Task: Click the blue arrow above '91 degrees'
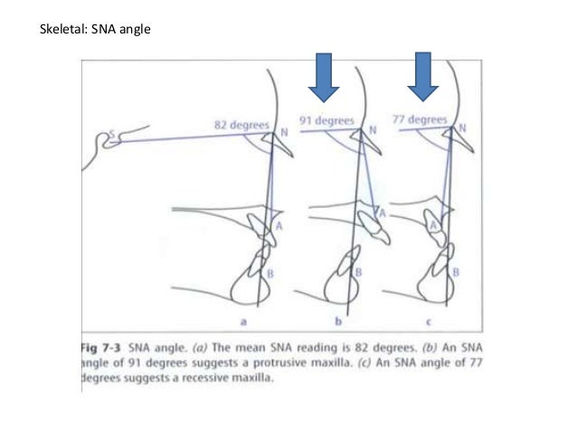[x=323, y=77]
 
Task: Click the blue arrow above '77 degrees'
[x=421, y=77]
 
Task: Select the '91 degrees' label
[x=327, y=118]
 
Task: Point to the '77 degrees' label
[x=420, y=118]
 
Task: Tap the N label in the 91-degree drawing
[x=372, y=130]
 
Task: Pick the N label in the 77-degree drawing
[x=462, y=129]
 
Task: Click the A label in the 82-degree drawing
[x=279, y=226]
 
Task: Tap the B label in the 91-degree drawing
[x=359, y=271]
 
